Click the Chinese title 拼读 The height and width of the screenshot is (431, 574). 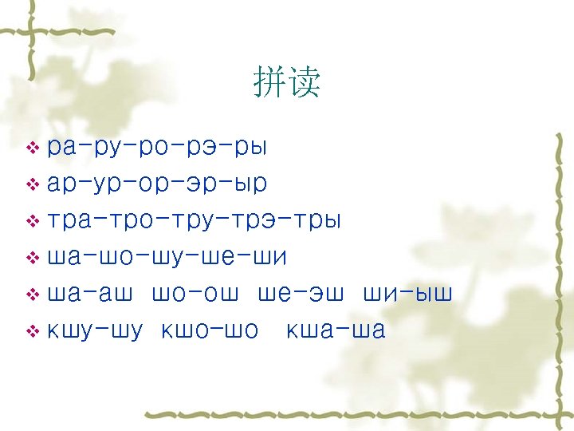pyautogui.click(x=287, y=82)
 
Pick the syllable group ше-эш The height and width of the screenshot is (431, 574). pyautogui.click(x=301, y=295)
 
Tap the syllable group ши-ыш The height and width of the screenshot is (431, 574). pyautogui.click(x=407, y=295)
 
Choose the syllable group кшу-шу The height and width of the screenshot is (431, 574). pyautogui.click(x=95, y=331)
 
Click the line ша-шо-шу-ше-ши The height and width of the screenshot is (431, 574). pyautogui.click(x=167, y=258)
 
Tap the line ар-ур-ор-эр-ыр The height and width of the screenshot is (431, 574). pyautogui.click(x=157, y=184)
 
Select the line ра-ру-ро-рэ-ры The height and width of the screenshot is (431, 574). pyautogui.click(x=157, y=148)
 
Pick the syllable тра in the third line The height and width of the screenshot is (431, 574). pyautogui.click(x=69, y=221)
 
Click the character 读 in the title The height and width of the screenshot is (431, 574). pyautogui.click(x=305, y=82)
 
